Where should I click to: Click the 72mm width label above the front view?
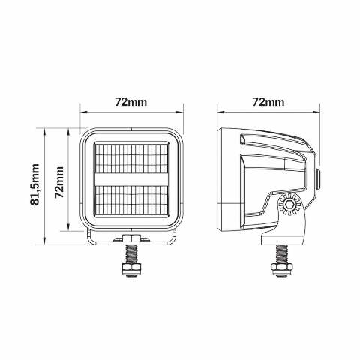[x=130, y=102]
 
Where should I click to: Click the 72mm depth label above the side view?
[x=268, y=102]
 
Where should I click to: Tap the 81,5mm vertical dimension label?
[x=34, y=184]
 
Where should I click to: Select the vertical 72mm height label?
[x=59, y=182]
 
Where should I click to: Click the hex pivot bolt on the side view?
[x=289, y=205]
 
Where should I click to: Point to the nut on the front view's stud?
[x=131, y=268]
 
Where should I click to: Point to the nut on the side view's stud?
[x=282, y=268]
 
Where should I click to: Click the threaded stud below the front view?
[x=131, y=253]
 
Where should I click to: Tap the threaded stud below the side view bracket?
[x=282, y=253]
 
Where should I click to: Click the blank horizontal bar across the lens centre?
[x=132, y=179]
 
